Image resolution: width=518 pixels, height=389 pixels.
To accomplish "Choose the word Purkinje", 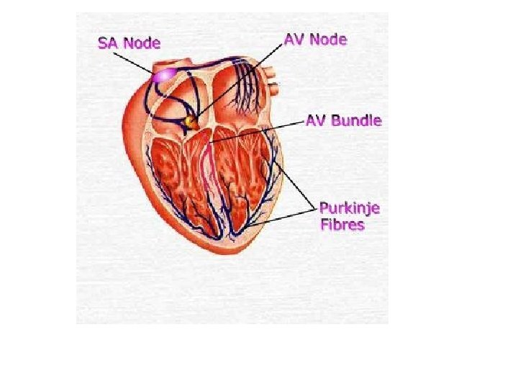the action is point(350,209).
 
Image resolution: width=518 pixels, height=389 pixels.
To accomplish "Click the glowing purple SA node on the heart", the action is point(164,74).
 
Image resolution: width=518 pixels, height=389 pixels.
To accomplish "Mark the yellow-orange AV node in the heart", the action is point(191,123).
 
